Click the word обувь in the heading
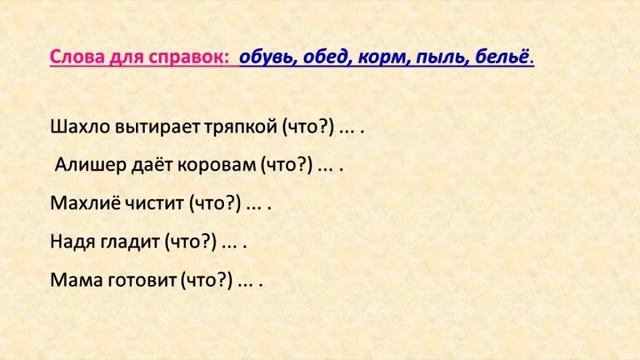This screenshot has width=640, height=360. tap(266, 57)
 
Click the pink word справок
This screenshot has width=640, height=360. tap(185, 57)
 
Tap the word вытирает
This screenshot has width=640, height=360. tap(158, 127)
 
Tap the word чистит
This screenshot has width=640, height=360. tap(153, 204)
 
